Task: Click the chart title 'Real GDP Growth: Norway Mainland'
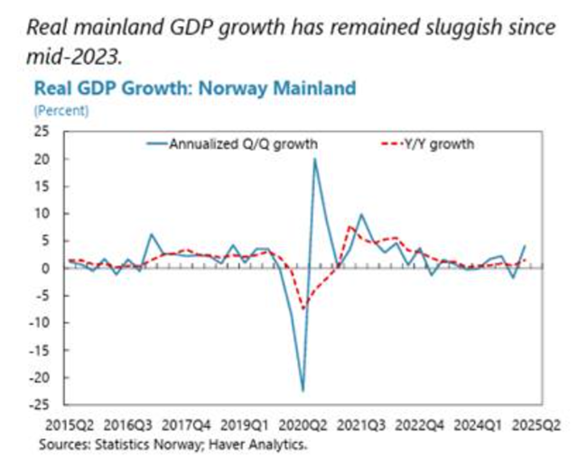tap(194, 88)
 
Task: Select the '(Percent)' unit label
tap(61, 110)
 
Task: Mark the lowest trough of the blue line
tap(303, 391)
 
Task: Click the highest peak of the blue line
tap(314, 160)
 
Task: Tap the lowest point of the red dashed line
tap(304, 309)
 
